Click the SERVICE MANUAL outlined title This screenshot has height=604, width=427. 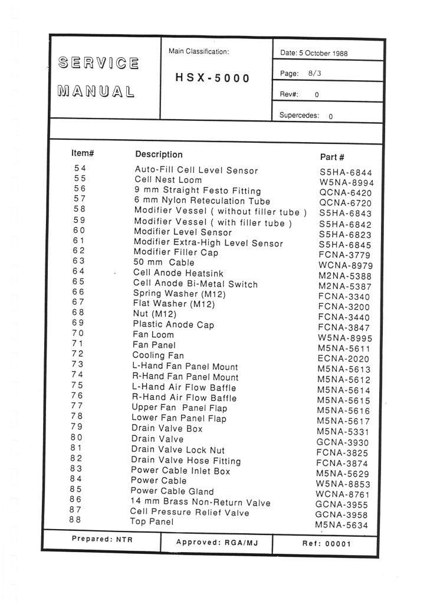(98, 77)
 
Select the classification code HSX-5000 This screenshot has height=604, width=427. (212, 78)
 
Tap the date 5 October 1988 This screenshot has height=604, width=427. (314, 53)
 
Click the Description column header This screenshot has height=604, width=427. (159, 155)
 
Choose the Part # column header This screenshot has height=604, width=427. (332, 157)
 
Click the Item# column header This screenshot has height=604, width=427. (83, 153)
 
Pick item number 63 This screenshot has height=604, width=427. (79, 261)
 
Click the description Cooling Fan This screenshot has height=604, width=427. (158, 356)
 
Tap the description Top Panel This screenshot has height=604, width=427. (152, 522)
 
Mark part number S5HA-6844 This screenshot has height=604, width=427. (346, 172)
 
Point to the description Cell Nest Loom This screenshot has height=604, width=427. (168, 180)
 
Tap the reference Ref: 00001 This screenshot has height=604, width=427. (326, 544)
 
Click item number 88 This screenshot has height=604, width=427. (74, 520)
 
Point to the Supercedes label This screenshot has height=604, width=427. (299, 116)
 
